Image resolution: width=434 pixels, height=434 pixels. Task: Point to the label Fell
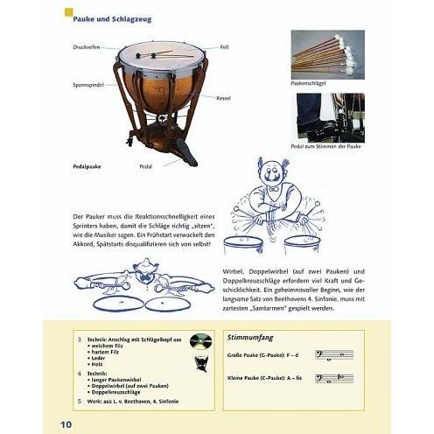224,47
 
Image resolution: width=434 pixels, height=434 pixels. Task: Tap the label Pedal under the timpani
145,164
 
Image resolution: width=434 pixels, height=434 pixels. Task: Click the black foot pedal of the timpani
185,152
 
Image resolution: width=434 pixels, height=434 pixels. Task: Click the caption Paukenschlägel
308,82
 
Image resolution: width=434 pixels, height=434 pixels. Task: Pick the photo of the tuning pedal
327,118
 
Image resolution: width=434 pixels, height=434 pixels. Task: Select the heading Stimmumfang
248,336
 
